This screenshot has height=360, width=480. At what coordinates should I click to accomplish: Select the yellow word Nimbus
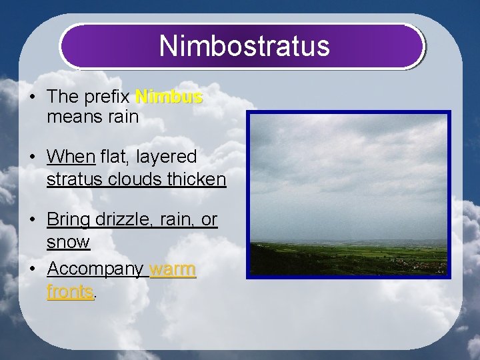pos(169,97)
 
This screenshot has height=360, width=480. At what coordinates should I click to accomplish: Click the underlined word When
pos(71,157)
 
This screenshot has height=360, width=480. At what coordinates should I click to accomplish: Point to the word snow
pos(68,242)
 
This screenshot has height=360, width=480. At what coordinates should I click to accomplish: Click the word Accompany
pos(95,270)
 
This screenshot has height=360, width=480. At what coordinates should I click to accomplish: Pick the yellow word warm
pos(173,269)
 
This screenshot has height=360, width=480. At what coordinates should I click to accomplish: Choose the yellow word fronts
pos(69,291)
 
